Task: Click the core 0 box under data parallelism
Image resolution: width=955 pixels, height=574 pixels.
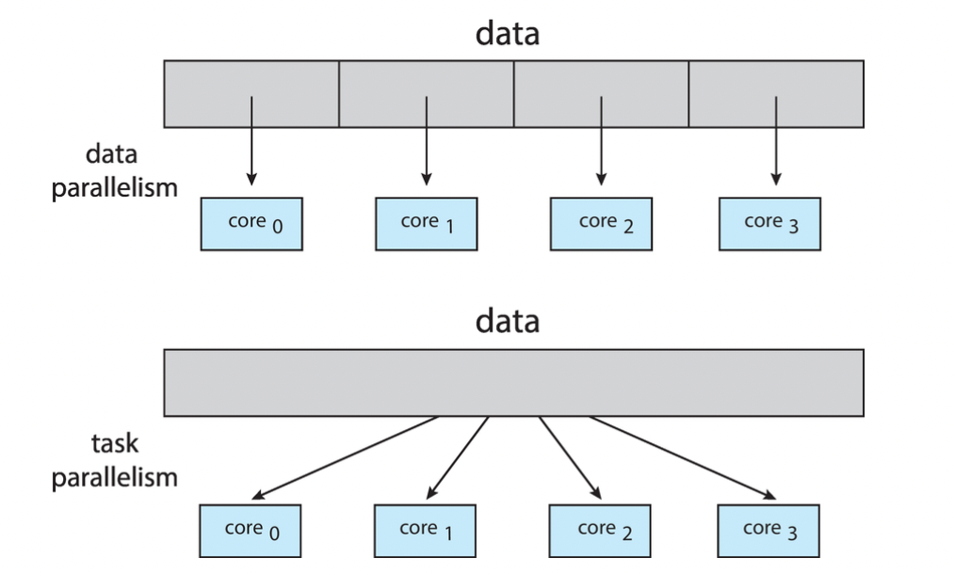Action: pyautogui.click(x=251, y=223)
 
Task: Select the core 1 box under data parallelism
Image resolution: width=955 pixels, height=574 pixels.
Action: pyautogui.click(x=426, y=223)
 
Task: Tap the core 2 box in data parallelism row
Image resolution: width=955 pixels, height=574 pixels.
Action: pyautogui.click(x=601, y=223)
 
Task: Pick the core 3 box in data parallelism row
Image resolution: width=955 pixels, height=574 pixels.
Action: pyautogui.click(x=769, y=223)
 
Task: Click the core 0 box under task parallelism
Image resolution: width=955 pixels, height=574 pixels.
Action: pyautogui.click(x=251, y=531)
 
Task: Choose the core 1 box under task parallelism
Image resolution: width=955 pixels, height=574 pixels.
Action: pyautogui.click(x=425, y=531)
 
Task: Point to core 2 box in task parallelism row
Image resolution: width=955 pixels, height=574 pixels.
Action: pyautogui.click(x=600, y=531)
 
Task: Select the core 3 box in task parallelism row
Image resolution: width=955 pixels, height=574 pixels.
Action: pyautogui.click(x=769, y=531)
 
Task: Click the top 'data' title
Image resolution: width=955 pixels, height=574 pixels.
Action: pyautogui.click(x=508, y=34)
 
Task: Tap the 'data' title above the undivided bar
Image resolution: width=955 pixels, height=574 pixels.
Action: pyautogui.click(x=508, y=321)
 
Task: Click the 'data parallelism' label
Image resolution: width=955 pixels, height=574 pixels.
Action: pyautogui.click(x=114, y=170)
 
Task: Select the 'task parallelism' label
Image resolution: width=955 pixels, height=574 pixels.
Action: pyautogui.click(x=114, y=459)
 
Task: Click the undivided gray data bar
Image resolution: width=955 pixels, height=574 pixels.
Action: pyautogui.click(x=513, y=383)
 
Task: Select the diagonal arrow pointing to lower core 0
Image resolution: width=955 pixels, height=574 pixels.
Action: pyautogui.click(x=346, y=457)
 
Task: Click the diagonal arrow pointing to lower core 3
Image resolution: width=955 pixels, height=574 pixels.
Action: pyautogui.click(x=683, y=457)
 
